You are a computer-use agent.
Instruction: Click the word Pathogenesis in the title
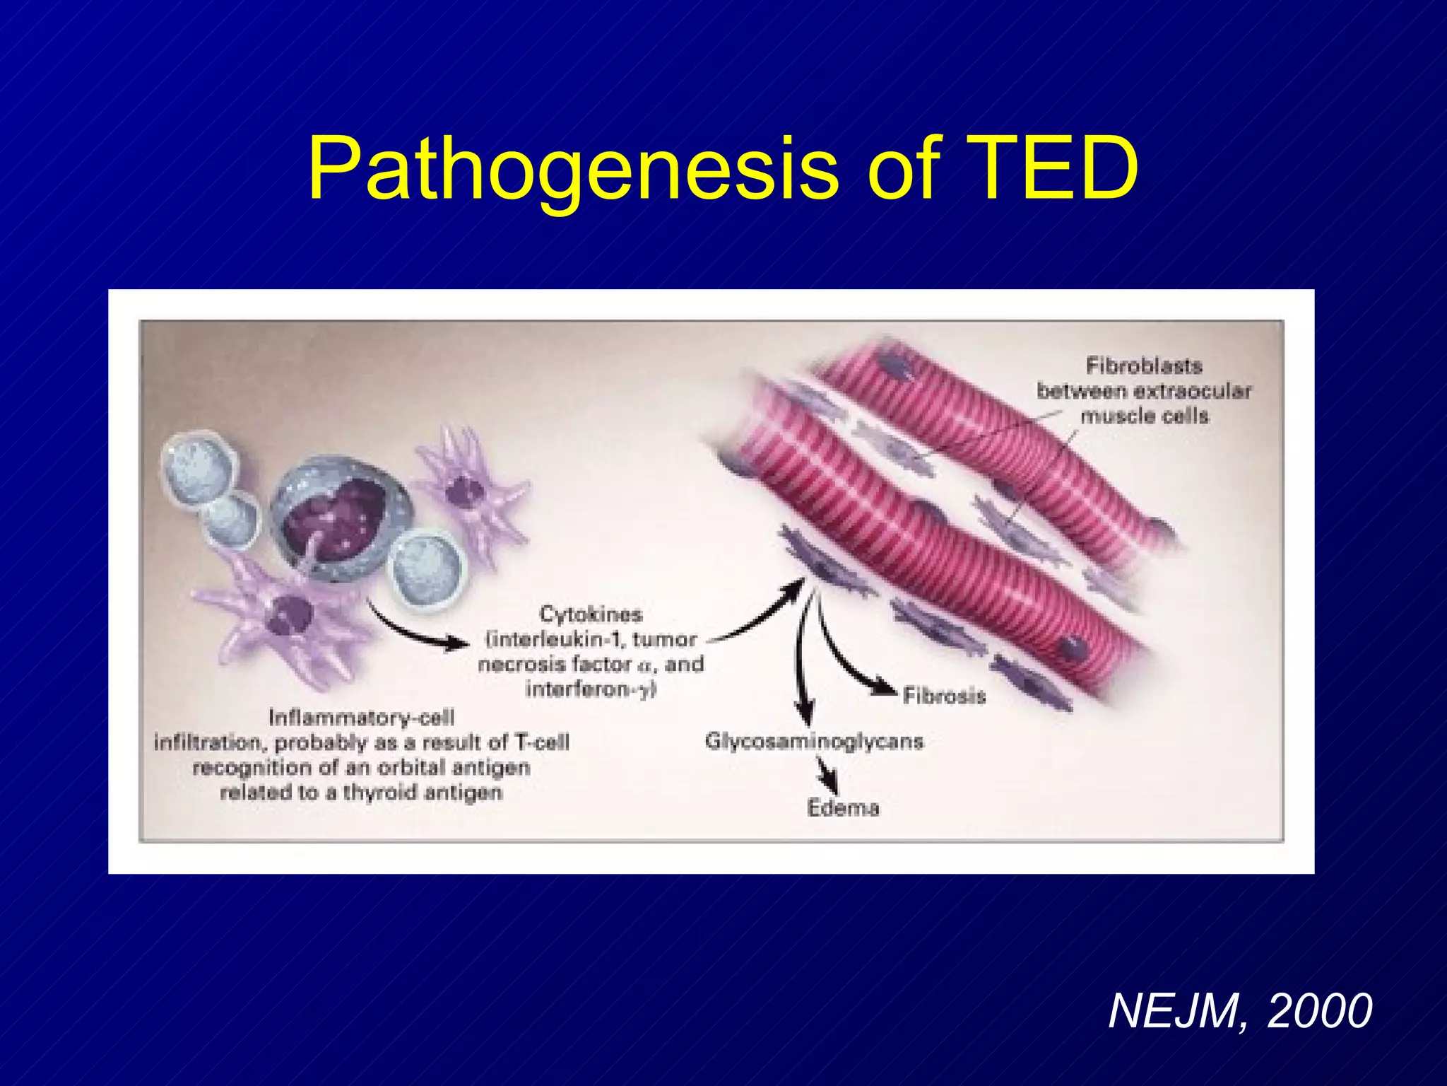[x=572, y=170]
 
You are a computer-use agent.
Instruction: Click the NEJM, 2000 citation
[x=1239, y=1011]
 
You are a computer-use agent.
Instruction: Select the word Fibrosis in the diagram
[x=943, y=696]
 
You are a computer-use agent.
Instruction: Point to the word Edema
[x=842, y=807]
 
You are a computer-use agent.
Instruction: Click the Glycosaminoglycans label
[x=814, y=742]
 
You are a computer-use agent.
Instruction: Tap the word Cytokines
[x=590, y=614]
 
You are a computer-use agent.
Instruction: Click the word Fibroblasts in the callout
[x=1144, y=366]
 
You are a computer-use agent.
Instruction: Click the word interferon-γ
[x=591, y=689]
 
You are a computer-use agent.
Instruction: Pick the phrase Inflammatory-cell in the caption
[x=361, y=718]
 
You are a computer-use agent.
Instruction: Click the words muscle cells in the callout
[x=1144, y=415]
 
